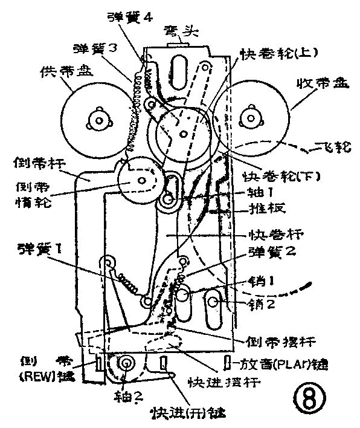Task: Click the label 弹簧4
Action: (x=128, y=17)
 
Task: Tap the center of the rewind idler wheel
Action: (x=140, y=180)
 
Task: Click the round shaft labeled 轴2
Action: (x=127, y=363)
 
